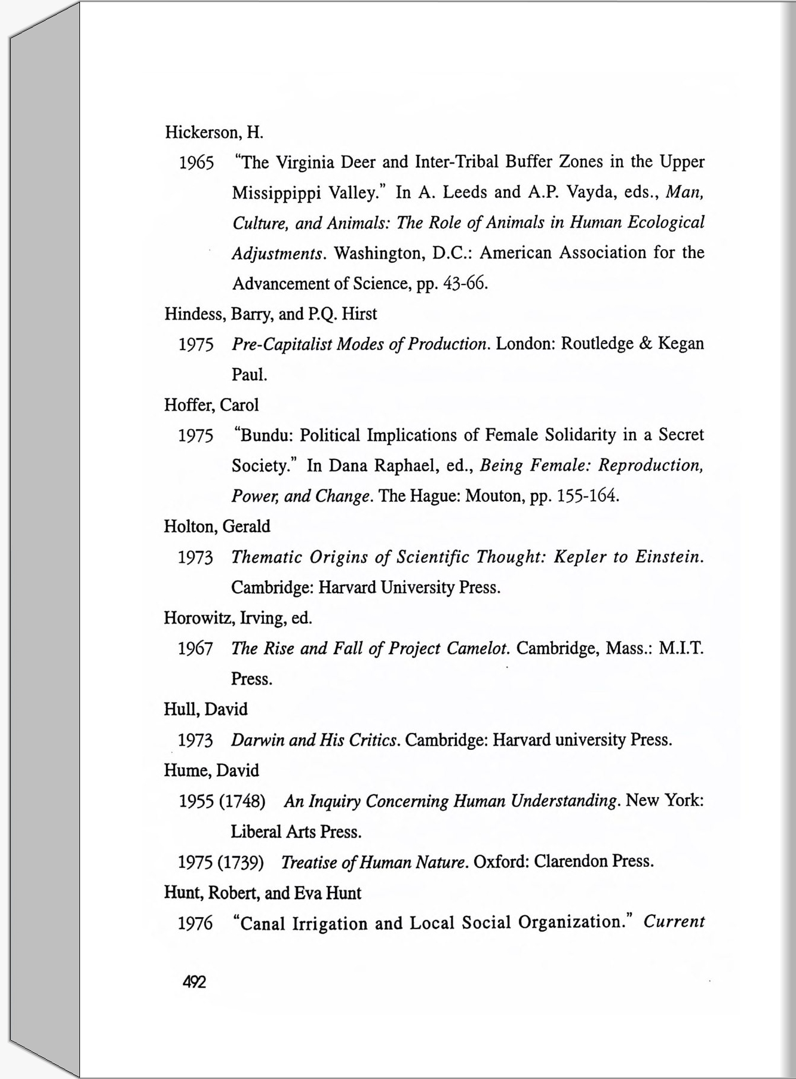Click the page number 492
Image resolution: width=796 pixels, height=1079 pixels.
pyautogui.click(x=194, y=982)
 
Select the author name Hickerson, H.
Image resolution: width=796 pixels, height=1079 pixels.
pyautogui.click(x=214, y=132)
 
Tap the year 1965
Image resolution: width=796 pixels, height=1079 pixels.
pyautogui.click(x=196, y=163)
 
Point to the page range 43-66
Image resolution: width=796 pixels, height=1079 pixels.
pyautogui.click(x=466, y=283)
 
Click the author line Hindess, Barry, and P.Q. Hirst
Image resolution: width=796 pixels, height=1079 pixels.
pyautogui.click(x=271, y=314)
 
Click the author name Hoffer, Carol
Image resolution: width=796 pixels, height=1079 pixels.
pyautogui.click(x=211, y=405)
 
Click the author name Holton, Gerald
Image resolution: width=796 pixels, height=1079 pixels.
pyautogui.click(x=217, y=526)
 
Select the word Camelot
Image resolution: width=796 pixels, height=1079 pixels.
pyautogui.click(x=478, y=648)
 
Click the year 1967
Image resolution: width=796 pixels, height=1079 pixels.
pyautogui.click(x=195, y=649)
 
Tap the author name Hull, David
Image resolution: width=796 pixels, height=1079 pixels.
pyautogui.click(x=205, y=709)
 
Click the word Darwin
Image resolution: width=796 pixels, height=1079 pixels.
pyautogui.click(x=257, y=740)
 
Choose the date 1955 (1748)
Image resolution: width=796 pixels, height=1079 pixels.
pyautogui.click(x=222, y=801)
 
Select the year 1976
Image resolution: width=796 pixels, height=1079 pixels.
pyautogui.click(x=195, y=924)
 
